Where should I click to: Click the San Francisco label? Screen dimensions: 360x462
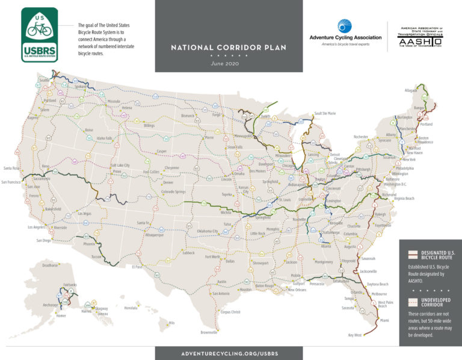[13, 181]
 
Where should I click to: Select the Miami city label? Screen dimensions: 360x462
[384, 320]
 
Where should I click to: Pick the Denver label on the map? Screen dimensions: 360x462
[168, 182]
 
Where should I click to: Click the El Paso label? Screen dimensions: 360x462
[137, 267]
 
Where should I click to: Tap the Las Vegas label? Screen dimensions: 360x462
[85, 214]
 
